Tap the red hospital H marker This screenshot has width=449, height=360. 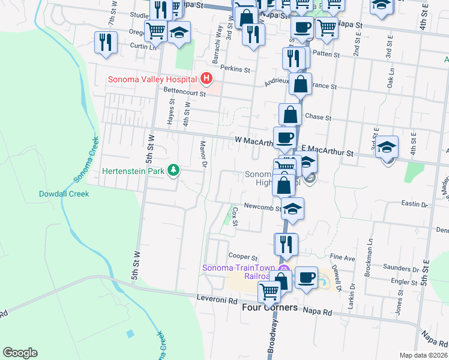pos(206,79)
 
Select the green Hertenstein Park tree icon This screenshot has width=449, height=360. pos(174,170)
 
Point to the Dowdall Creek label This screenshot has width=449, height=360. pos(64,194)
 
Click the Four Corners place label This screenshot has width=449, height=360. pos(269,307)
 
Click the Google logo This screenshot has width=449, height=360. pos(20,353)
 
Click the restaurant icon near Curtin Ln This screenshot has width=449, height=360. pos(105,43)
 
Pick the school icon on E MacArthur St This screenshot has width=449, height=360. pos(387,148)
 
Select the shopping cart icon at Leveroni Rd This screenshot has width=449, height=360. pos(269,292)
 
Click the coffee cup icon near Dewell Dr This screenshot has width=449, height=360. pos(306,277)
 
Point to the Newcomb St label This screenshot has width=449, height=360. pos(262,208)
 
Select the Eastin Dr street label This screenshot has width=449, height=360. pos(414,205)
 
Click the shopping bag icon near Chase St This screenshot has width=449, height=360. pos(290,115)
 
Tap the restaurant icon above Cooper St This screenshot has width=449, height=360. pos(286,244)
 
